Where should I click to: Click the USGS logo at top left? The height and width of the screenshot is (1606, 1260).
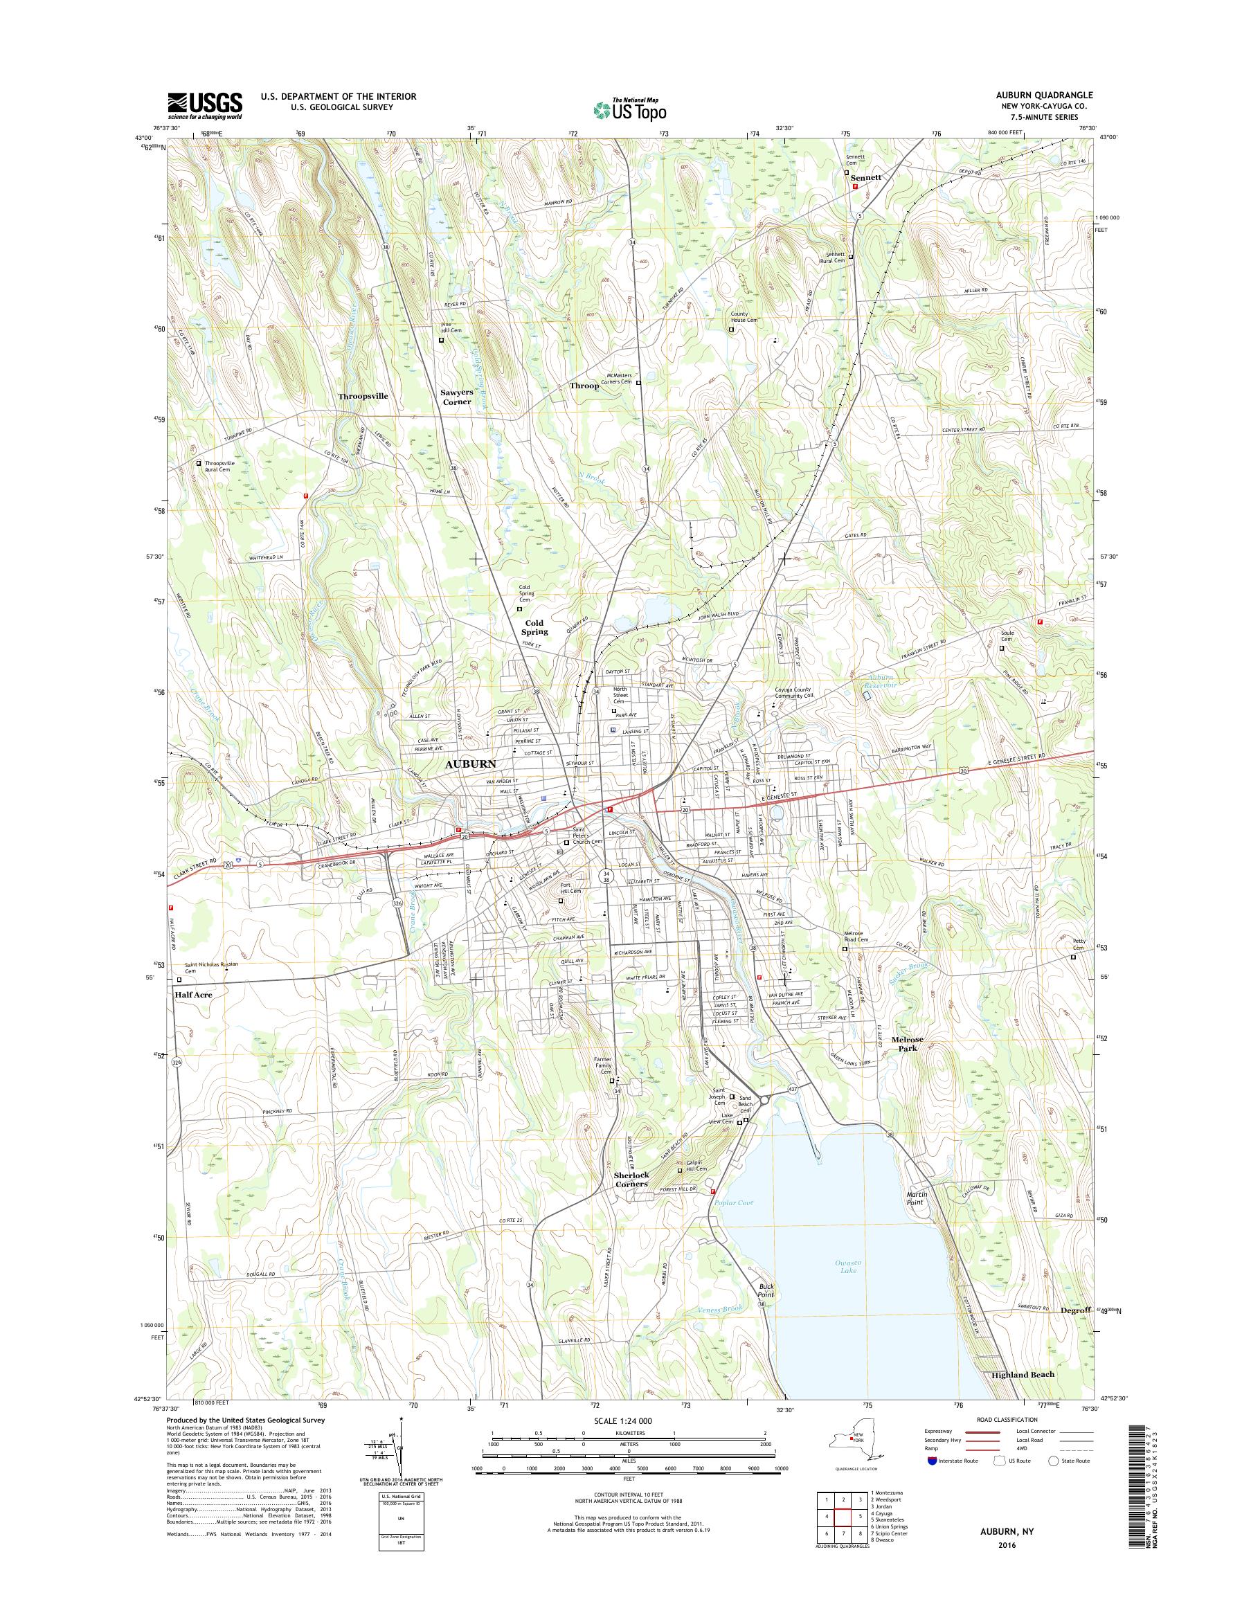(x=204, y=105)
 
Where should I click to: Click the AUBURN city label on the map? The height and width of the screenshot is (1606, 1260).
(x=470, y=764)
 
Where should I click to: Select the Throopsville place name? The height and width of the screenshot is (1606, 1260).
(x=363, y=396)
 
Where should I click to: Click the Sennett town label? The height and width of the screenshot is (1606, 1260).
(x=865, y=178)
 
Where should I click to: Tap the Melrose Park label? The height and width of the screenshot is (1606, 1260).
(x=907, y=1045)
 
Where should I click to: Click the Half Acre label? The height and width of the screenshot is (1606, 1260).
(x=193, y=995)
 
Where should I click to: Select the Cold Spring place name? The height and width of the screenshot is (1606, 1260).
(x=534, y=627)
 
